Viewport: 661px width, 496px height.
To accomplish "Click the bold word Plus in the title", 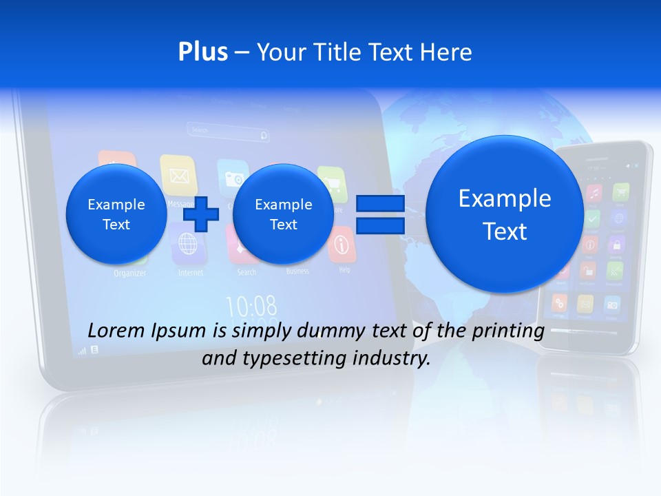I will point(202,52).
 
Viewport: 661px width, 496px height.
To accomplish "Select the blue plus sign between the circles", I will point(201,214).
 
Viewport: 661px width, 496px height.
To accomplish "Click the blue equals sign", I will point(380,214).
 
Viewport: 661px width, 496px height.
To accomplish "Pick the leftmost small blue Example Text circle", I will point(116,214).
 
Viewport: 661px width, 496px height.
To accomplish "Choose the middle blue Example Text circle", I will point(283,214).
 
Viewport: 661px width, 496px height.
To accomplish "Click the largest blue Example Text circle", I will point(505,214).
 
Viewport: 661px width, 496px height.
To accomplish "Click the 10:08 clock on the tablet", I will point(251,305).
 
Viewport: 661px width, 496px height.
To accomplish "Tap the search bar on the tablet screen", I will point(228,130).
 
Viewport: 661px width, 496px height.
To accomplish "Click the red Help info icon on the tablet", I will point(343,246).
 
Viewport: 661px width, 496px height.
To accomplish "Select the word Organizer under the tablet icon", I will point(130,273).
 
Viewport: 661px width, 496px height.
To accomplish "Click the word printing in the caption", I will point(508,331).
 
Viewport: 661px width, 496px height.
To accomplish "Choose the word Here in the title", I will point(448,52).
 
